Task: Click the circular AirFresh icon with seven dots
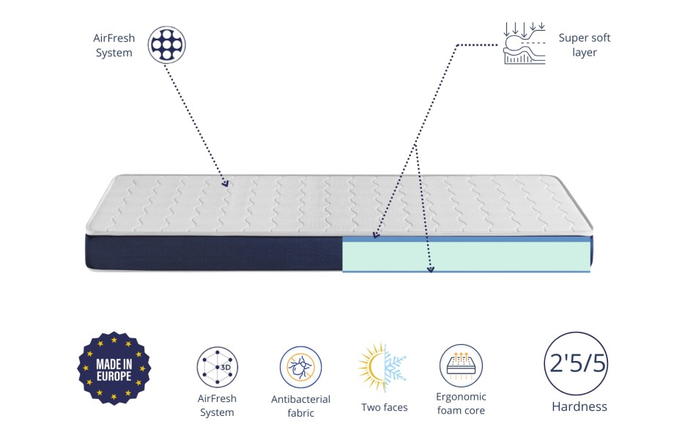pyautogui.click(x=166, y=45)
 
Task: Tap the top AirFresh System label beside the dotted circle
pyautogui.click(x=114, y=45)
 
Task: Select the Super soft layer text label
pyautogui.click(x=584, y=45)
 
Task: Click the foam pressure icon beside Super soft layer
pyautogui.click(x=525, y=43)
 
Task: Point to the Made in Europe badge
pyautogui.click(x=114, y=368)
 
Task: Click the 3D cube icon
pyautogui.click(x=217, y=367)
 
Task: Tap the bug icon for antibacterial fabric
pyautogui.click(x=300, y=367)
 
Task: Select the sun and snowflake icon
pyautogui.click(x=382, y=367)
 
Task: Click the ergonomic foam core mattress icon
pyautogui.click(x=461, y=365)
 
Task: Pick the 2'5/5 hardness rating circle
pyautogui.click(x=577, y=363)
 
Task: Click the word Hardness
pyautogui.click(x=580, y=406)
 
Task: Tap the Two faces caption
pyautogui.click(x=384, y=407)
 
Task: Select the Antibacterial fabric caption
pyautogui.click(x=300, y=406)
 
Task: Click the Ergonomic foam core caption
pyautogui.click(x=461, y=403)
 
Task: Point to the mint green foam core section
pyautogui.click(x=466, y=256)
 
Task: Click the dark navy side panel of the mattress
pyautogui.click(x=214, y=252)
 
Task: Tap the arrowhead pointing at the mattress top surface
pyautogui.click(x=224, y=183)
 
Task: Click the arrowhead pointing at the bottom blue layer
pyautogui.click(x=430, y=269)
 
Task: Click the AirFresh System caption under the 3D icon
pyautogui.click(x=217, y=406)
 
